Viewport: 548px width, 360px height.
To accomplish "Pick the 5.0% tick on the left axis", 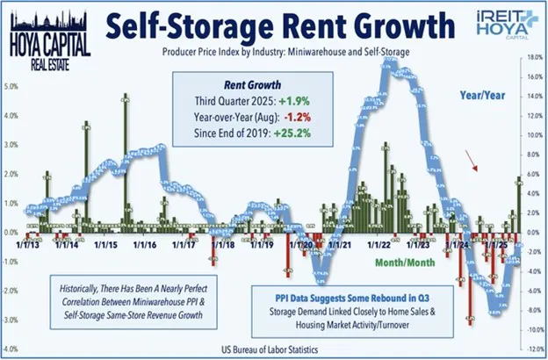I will pos(11,86).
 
